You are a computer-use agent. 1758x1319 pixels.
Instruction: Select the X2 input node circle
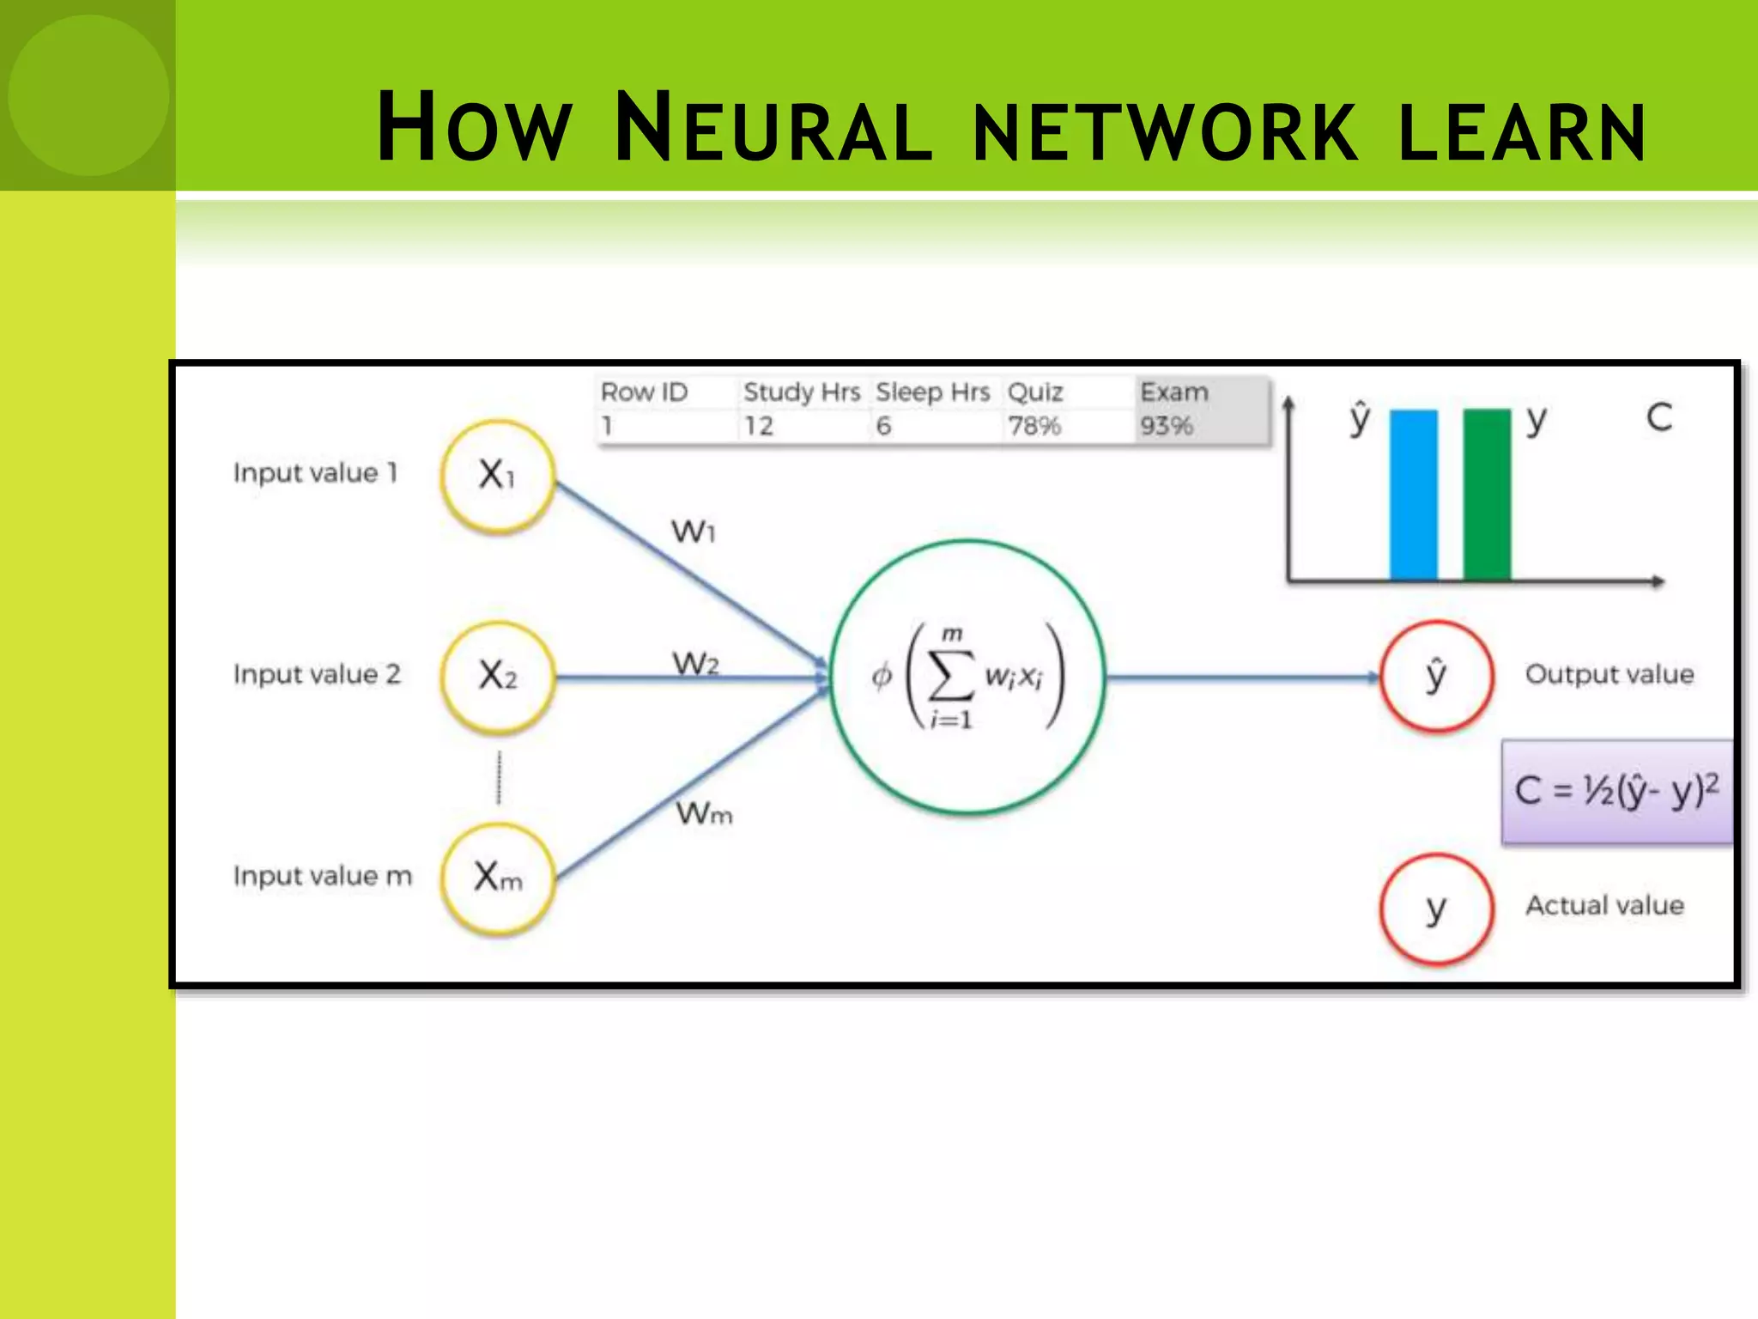click(x=497, y=677)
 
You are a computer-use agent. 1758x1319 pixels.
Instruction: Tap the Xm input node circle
click(x=497, y=878)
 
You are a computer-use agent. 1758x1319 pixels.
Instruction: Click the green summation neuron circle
click(x=967, y=677)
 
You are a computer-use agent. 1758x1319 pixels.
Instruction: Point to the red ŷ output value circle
click(x=1436, y=676)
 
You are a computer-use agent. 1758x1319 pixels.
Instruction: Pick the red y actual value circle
click(x=1436, y=909)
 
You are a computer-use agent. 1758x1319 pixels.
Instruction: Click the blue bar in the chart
click(x=1413, y=495)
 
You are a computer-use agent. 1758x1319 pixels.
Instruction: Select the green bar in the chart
click(x=1487, y=495)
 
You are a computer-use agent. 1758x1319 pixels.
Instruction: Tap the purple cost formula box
click(x=1617, y=791)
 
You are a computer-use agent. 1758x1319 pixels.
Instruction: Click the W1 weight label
click(x=693, y=531)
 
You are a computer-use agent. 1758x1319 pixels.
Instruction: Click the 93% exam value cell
click(x=1167, y=426)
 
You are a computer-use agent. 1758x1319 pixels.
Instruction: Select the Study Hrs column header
click(x=801, y=392)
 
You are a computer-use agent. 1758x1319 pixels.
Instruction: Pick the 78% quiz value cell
click(x=1034, y=426)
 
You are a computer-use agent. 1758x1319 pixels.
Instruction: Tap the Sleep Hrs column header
click(x=932, y=392)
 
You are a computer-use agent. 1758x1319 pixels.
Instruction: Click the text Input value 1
click(x=315, y=472)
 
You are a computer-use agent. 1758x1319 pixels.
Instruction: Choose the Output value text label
click(x=1609, y=674)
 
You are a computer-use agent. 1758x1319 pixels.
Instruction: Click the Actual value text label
click(x=1603, y=905)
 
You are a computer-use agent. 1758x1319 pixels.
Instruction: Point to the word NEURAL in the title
click(x=773, y=129)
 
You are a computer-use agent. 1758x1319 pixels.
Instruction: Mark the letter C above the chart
click(x=1658, y=417)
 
